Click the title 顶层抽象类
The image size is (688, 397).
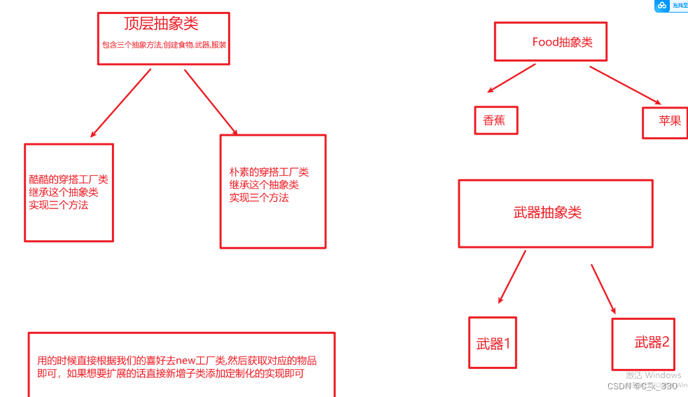click(161, 24)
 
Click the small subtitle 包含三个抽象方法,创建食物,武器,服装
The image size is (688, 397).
click(164, 44)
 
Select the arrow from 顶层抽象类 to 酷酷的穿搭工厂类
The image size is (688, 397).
click(120, 102)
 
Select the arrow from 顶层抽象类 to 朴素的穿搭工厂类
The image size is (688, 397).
click(211, 102)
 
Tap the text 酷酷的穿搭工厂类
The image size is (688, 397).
click(69, 180)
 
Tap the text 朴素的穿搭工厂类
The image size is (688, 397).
click(269, 172)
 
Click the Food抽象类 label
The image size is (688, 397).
click(562, 42)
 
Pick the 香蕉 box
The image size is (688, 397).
click(494, 120)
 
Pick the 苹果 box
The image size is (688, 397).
click(669, 120)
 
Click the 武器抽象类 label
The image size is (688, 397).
click(547, 213)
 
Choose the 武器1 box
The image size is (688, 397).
click(493, 344)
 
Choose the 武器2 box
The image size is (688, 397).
click(651, 342)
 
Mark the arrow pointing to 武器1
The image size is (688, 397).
click(512, 277)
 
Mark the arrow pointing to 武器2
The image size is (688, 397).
click(603, 288)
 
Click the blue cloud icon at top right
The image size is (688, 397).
click(661, 6)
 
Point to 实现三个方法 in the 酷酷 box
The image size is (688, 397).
click(59, 205)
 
